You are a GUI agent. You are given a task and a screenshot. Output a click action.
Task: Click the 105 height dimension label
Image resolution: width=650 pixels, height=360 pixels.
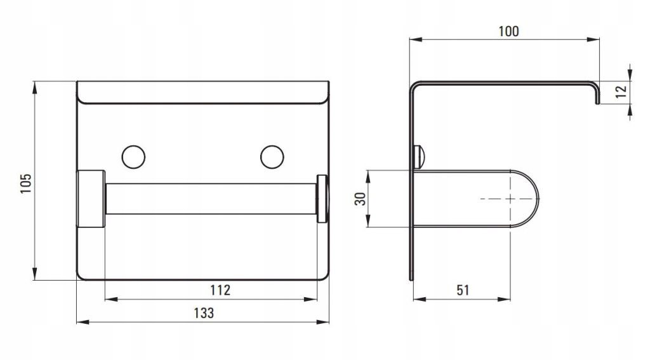point(25,183)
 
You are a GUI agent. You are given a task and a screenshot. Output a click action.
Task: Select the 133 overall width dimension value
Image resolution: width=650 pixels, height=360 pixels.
point(204,313)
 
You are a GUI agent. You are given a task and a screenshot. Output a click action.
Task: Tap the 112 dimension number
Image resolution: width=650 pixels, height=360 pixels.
point(220,290)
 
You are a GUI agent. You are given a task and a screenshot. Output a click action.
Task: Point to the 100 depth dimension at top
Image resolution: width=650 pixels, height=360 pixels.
point(508,31)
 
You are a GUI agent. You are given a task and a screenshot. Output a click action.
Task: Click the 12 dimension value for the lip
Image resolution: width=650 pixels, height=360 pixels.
point(621,91)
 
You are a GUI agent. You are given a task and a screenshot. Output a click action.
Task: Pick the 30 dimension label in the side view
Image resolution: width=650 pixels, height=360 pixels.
point(361,199)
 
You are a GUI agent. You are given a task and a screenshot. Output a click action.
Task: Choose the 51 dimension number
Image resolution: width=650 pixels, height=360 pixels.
point(463,290)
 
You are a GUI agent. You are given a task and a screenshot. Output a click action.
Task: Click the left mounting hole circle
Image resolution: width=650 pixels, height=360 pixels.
point(133,157)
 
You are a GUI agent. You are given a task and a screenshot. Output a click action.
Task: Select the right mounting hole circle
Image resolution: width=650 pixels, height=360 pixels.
point(272,157)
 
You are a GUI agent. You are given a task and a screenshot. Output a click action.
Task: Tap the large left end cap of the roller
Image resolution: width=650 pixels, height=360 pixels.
point(91,199)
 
